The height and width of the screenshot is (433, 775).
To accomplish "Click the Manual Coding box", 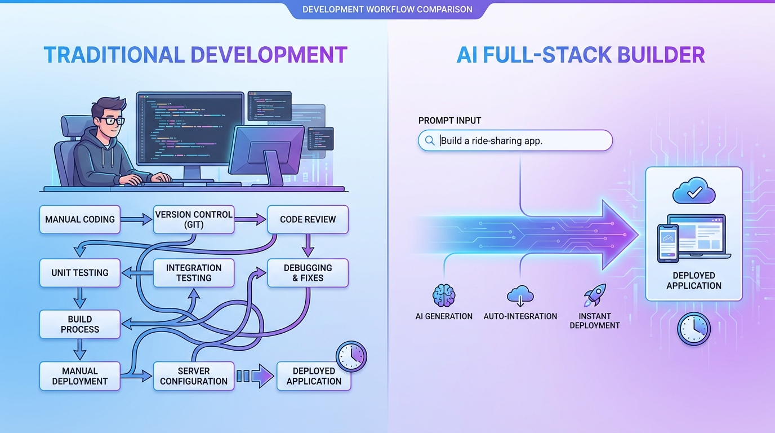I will pyautogui.click(x=80, y=220).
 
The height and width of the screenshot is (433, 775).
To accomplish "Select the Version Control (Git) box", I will pyautogui.click(x=193, y=220).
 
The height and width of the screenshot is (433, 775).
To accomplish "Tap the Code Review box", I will pyautogui.click(x=308, y=220).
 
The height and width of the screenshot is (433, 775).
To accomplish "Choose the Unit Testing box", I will pyautogui.click(x=80, y=273).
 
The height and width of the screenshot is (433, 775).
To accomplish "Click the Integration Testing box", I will pyautogui.click(x=193, y=273).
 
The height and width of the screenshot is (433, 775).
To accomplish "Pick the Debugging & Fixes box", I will pyautogui.click(x=308, y=273).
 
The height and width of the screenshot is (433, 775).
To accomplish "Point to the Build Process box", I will pyautogui.click(x=80, y=324).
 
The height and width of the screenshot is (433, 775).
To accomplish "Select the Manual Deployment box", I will pyautogui.click(x=80, y=376).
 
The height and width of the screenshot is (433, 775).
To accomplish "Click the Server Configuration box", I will pyautogui.click(x=193, y=376).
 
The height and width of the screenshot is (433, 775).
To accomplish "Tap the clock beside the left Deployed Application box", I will pyautogui.click(x=351, y=356).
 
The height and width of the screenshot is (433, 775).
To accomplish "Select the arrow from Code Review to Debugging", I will pyautogui.click(x=308, y=246).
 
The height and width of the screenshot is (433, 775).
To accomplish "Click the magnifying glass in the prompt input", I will pyautogui.click(x=430, y=141).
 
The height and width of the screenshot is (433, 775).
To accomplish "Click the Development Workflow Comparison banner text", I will pyautogui.click(x=387, y=10).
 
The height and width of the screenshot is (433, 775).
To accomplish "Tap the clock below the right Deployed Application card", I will pyautogui.click(x=694, y=329).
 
